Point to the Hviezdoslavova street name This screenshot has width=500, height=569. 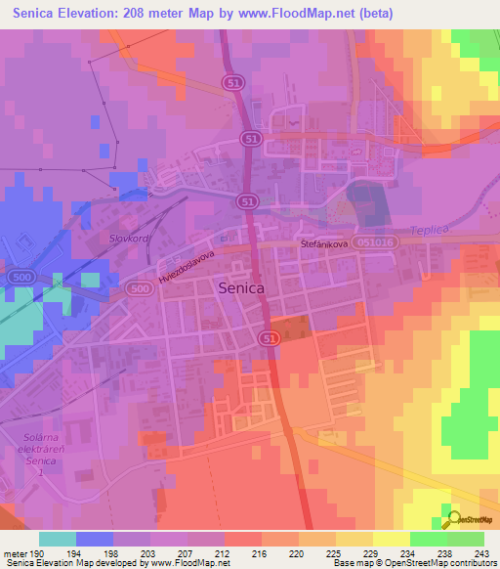[187, 265]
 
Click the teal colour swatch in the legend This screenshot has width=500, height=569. [58, 539]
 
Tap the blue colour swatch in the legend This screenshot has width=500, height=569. [94, 539]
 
